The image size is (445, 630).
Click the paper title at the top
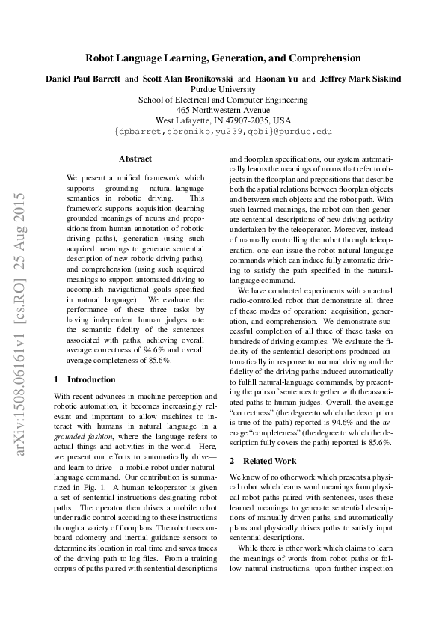pos(223,58)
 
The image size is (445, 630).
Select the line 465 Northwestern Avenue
pos(223,109)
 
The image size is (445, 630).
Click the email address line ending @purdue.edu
pos(223,131)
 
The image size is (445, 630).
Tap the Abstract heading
pos(135,159)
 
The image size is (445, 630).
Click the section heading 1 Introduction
pos(85,379)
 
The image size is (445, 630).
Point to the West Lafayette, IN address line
pos(223,120)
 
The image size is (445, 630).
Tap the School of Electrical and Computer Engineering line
pos(223,99)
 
